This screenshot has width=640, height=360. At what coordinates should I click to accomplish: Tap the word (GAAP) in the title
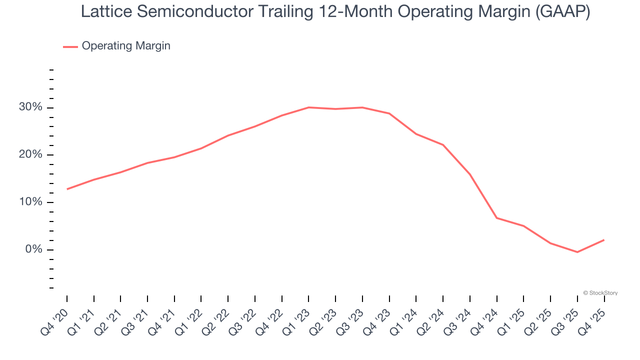pos(562,12)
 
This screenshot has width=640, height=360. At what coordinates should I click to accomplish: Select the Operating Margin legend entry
pos(125,46)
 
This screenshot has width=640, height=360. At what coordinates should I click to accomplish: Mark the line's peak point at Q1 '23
pos(309,107)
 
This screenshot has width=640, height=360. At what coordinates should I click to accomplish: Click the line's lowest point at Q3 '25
pos(577,252)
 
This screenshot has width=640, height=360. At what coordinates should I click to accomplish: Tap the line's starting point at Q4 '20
pos(67,189)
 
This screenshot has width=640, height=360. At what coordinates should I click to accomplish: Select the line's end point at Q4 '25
pos(604,240)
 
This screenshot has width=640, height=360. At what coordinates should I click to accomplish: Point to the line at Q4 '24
pos(497,218)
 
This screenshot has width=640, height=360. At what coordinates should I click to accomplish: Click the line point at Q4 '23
pos(389,113)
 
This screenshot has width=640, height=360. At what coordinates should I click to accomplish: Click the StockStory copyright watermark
pos(600,293)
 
